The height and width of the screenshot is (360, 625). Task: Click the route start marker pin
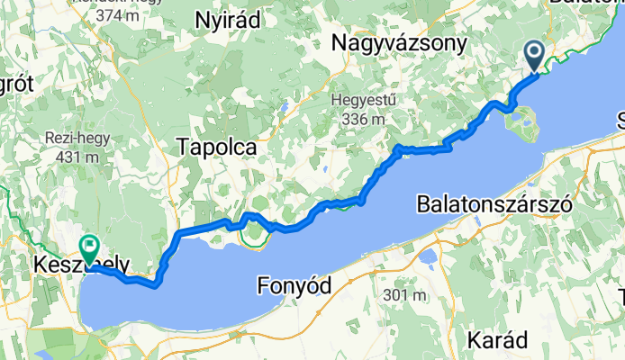click(533, 58)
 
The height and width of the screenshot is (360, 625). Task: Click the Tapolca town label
click(218, 147)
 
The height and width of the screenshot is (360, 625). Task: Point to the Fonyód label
click(294, 286)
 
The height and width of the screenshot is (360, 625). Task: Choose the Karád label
click(498, 340)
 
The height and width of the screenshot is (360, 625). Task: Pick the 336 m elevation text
click(364, 118)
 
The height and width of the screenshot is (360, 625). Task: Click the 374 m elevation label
click(98, 14)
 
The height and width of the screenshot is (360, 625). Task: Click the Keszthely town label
click(82, 266)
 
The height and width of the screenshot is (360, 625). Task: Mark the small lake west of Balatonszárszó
click(425, 259)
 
